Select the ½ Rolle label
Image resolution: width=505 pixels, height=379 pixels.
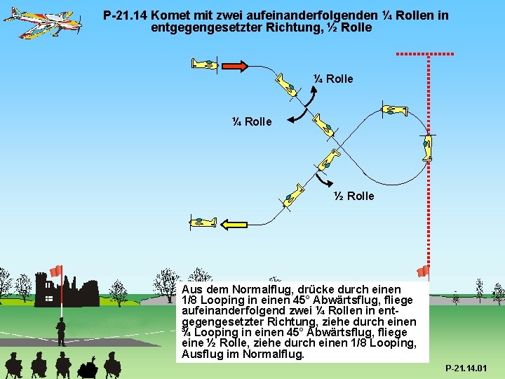(x=354, y=196)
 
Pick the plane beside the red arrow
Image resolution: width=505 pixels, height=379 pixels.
(x=206, y=64)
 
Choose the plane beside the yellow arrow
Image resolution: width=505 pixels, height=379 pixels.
(x=204, y=223)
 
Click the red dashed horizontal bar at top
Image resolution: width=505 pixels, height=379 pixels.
(x=425, y=54)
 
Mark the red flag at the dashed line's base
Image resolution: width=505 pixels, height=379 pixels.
(x=422, y=271)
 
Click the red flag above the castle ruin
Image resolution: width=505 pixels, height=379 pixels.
(x=56, y=270)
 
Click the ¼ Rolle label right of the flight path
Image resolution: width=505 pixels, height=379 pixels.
(x=333, y=79)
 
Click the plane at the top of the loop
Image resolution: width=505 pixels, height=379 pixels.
(x=393, y=110)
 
